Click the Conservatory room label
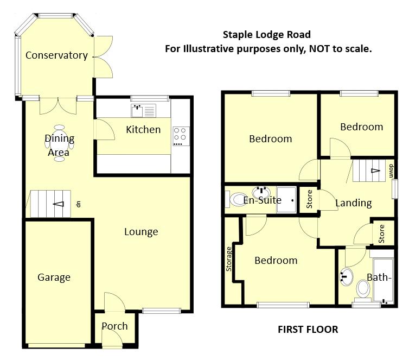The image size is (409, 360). coord(56,55)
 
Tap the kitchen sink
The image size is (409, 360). coord(143,111)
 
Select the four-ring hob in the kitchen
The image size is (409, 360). coord(180,136)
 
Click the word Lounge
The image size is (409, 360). coord(141,232)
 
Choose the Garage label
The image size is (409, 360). coord(54,277)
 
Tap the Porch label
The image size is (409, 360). coord(115,326)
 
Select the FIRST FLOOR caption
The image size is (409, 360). coord(308,330)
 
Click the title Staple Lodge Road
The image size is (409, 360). coord(267,35)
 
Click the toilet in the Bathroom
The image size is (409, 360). coord(362,291)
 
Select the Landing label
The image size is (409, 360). coord(353,203)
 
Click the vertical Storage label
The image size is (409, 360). coord(229,259)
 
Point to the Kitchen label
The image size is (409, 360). coord(143,129)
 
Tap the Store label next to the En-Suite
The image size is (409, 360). coord(310,199)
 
